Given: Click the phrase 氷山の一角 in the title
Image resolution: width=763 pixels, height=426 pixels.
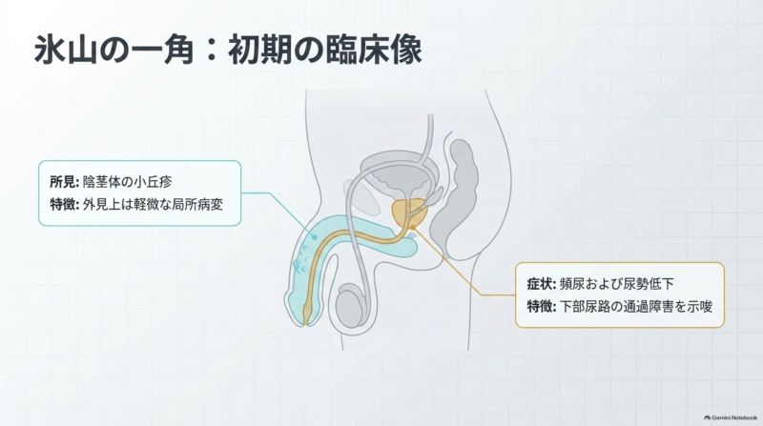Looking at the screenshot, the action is [113, 51].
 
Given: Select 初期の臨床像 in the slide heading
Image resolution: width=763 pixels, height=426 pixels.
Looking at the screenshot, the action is [324, 51].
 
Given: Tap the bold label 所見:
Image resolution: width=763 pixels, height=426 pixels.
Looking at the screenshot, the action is [64, 182].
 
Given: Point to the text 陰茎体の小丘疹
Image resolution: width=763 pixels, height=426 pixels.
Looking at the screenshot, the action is [128, 182].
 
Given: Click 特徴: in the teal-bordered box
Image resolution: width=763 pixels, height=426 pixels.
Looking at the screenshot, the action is [64, 204].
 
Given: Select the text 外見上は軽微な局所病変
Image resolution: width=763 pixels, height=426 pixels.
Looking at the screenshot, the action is [153, 204].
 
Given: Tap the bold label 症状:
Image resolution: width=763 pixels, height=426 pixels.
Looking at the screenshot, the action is [542, 283].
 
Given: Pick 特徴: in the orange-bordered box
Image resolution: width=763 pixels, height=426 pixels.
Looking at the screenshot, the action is [542, 306].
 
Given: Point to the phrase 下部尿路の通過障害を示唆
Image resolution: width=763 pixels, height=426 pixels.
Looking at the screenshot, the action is [636, 306].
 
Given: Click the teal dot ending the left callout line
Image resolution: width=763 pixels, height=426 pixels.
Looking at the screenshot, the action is [315, 237].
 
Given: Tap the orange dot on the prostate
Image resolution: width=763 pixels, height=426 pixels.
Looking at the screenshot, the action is [413, 227].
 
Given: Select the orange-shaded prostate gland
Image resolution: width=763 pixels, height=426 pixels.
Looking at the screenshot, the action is [410, 213].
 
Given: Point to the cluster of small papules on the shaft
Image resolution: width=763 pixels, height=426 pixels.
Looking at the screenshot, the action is [301, 259].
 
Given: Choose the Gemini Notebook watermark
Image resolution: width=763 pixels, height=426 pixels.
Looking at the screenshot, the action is [731, 417].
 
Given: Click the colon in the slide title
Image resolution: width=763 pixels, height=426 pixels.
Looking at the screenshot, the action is [211, 51].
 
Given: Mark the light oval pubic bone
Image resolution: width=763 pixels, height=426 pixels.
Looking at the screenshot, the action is [361, 196].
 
